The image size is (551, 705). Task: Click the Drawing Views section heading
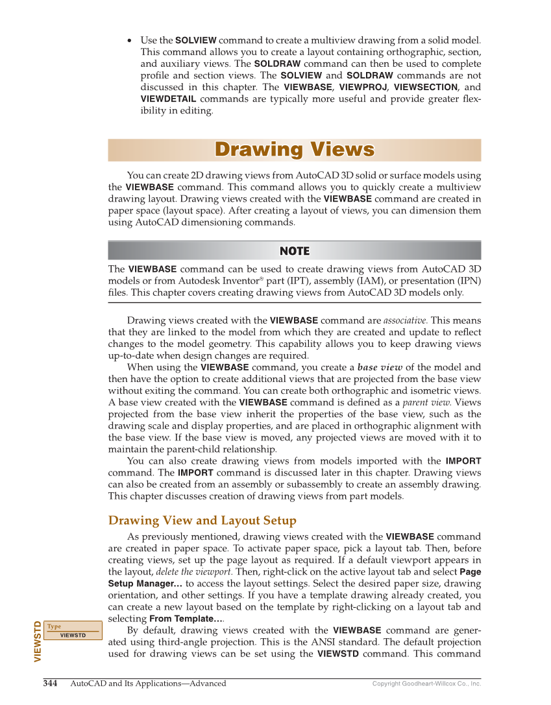click(294, 150)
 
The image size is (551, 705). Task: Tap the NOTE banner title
click(294, 251)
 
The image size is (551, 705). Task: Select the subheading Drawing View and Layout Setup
click(202, 520)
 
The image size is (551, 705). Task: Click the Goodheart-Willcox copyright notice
click(426, 684)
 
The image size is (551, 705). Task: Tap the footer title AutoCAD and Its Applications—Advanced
click(148, 683)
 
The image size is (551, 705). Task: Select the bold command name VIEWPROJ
click(363, 87)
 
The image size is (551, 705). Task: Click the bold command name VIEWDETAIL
click(168, 99)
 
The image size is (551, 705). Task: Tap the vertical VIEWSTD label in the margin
click(38, 641)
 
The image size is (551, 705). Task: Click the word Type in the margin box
click(55, 627)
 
